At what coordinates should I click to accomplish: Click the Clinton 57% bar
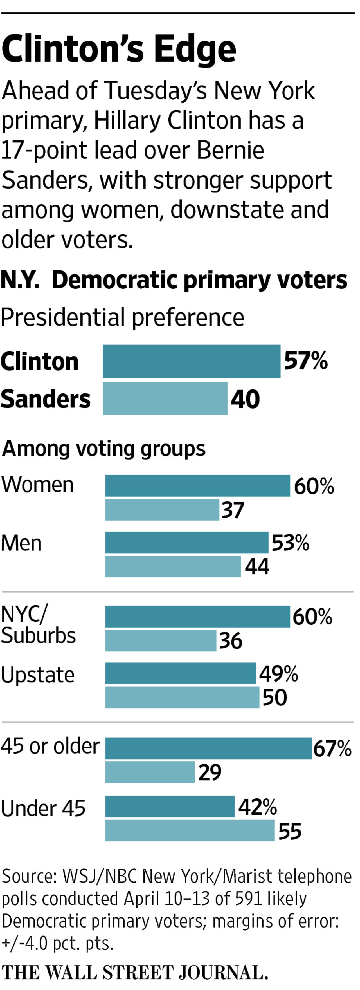pyautogui.click(x=191, y=361)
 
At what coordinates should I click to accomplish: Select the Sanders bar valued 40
pyautogui.click(x=165, y=398)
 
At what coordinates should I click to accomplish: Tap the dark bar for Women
pyautogui.click(x=197, y=486)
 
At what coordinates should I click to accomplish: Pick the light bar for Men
pyautogui.click(x=173, y=566)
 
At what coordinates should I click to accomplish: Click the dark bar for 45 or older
pyautogui.click(x=208, y=748)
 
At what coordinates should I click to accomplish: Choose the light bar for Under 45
pyautogui.click(x=190, y=830)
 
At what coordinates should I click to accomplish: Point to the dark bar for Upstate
pyautogui.click(x=181, y=673)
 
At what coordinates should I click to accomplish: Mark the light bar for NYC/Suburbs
pyautogui.click(x=161, y=640)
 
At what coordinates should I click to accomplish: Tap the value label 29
pyautogui.click(x=210, y=772)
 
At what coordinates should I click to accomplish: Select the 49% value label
pyautogui.click(x=278, y=674)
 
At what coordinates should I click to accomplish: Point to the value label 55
pyautogui.click(x=290, y=831)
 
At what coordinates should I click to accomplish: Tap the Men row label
pyautogui.click(x=21, y=543)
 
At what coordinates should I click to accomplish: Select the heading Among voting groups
pyautogui.click(x=104, y=449)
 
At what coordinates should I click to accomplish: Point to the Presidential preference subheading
pyautogui.click(x=122, y=317)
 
